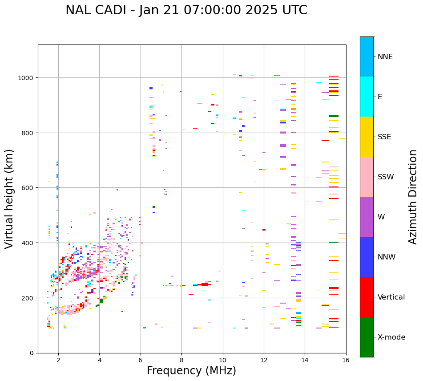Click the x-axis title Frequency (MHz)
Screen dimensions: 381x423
[x=191, y=371]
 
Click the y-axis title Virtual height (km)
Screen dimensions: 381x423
[x=10, y=199]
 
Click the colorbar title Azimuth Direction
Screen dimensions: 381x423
[x=413, y=197]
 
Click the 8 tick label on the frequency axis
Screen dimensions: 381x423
[x=181, y=361]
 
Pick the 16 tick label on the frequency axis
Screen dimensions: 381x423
[x=346, y=361]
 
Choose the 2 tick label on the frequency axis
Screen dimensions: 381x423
[x=58, y=361]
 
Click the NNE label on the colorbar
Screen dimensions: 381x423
[x=385, y=57]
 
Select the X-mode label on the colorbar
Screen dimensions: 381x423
[x=391, y=337]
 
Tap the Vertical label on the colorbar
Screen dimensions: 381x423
[x=391, y=297]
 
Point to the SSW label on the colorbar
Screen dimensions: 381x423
[x=386, y=177]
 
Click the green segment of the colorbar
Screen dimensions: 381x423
[x=367, y=337]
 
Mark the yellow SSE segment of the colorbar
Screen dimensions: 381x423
[x=367, y=137]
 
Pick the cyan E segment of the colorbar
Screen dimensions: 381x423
[x=367, y=97]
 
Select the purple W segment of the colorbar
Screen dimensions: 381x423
[x=367, y=217]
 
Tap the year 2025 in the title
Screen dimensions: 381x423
[x=265, y=10]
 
